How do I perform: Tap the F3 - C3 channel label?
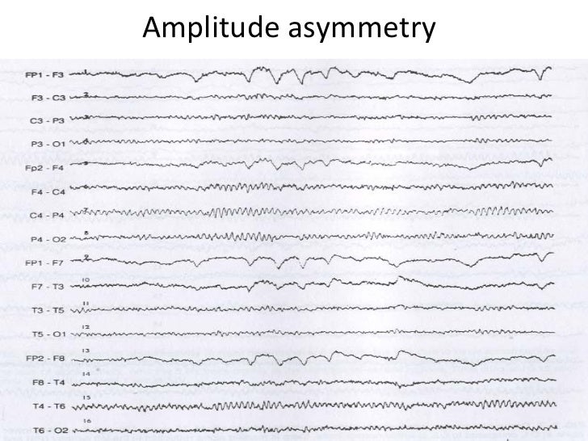click(x=50, y=98)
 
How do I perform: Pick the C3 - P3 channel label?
click(x=50, y=120)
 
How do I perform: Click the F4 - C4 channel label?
click(x=50, y=193)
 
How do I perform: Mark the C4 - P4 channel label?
click(x=50, y=216)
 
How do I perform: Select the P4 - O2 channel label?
click(x=50, y=240)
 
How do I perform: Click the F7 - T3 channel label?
click(x=50, y=287)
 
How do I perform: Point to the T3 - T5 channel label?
click(x=50, y=310)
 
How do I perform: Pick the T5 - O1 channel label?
click(x=50, y=334)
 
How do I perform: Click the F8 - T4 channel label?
click(x=50, y=381)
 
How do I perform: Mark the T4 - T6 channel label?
click(x=50, y=405)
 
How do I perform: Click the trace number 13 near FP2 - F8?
click(x=85, y=351)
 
